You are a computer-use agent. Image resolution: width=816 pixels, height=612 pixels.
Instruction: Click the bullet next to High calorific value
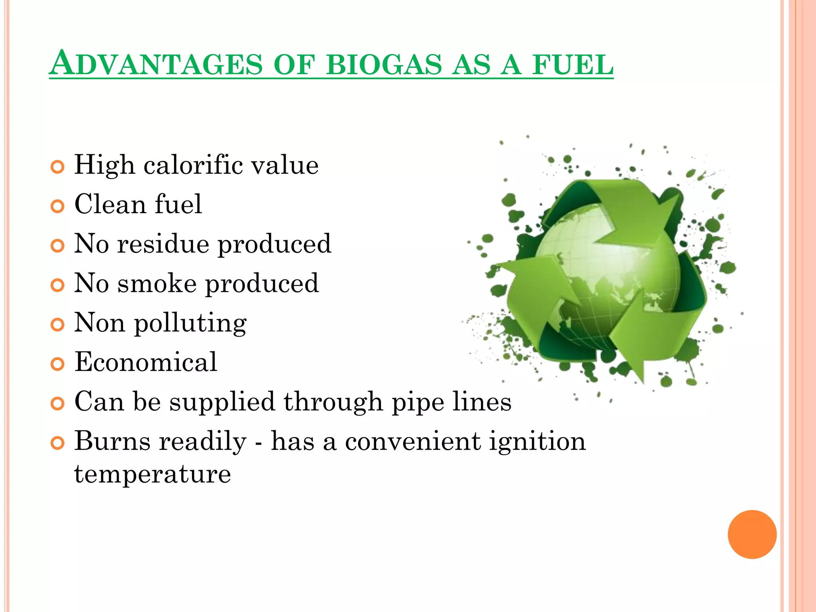pyautogui.click(x=58, y=167)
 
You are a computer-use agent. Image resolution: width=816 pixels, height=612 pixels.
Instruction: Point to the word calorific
pyautogui.click(x=193, y=165)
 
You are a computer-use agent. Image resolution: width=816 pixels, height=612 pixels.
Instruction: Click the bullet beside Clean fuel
pyautogui.click(x=58, y=206)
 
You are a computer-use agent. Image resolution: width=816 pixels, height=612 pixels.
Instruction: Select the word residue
pyautogui.click(x=163, y=243)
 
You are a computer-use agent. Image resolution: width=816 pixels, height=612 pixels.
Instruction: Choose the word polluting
pyautogui.click(x=190, y=324)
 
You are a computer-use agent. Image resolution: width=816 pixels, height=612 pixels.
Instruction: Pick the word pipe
pyautogui.click(x=418, y=402)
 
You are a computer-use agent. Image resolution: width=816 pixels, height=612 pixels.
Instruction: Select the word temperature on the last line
pyautogui.click(x=153, y=474)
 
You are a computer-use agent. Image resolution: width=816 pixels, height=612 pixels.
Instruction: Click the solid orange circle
pyautogui.click(x=752, y=534)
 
